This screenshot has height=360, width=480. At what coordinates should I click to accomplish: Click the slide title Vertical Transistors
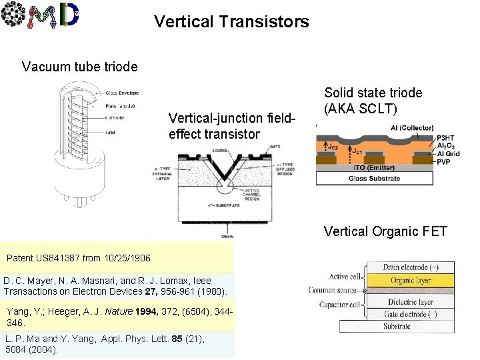tap(231, 21)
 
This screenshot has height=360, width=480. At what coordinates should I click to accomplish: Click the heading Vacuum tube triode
tap(79, 67)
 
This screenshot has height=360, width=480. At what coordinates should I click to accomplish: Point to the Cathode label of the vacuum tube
tap(114, 118)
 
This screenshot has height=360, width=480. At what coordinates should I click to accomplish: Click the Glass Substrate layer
tap(374, 178)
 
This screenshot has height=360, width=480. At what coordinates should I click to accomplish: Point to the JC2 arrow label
tap(331, 146)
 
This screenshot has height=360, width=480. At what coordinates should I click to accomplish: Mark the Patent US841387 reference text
tap(78, 257)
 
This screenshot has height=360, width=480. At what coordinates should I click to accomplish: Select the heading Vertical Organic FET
tap(385, 231)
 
